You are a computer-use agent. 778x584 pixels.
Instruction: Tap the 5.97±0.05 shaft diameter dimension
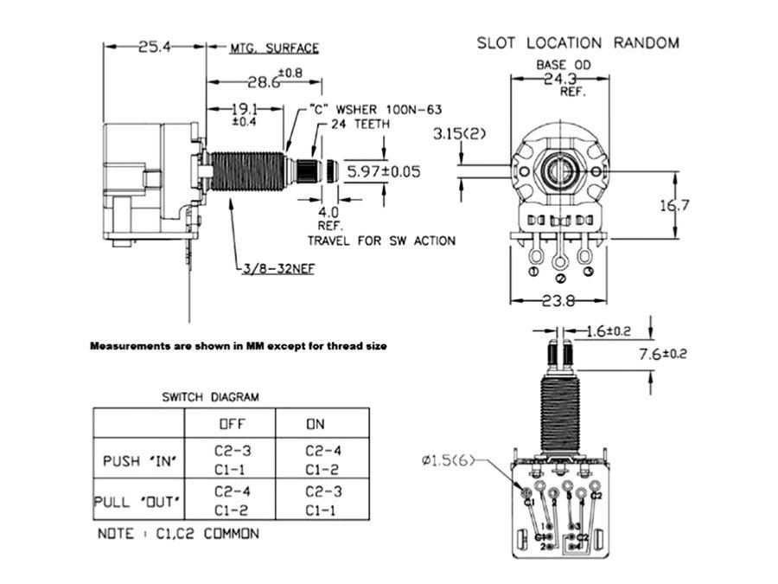(x=383, y=171)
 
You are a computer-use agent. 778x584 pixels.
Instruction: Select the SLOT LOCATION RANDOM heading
(x=578, y=42)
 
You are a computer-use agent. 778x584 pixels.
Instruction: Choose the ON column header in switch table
(x=315, y=424)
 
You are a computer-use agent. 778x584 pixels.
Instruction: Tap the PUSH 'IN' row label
(x=139, y=460)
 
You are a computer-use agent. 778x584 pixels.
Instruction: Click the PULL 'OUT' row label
(x=138, y=502)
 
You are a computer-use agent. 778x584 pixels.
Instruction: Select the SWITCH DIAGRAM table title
(x=210, y=397)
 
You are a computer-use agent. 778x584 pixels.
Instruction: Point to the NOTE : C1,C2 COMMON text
(x=177, y=534)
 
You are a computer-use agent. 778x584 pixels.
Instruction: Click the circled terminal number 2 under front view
(x=559, y=279)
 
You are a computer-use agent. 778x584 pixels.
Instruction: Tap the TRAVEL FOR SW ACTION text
(x=381, y=240)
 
